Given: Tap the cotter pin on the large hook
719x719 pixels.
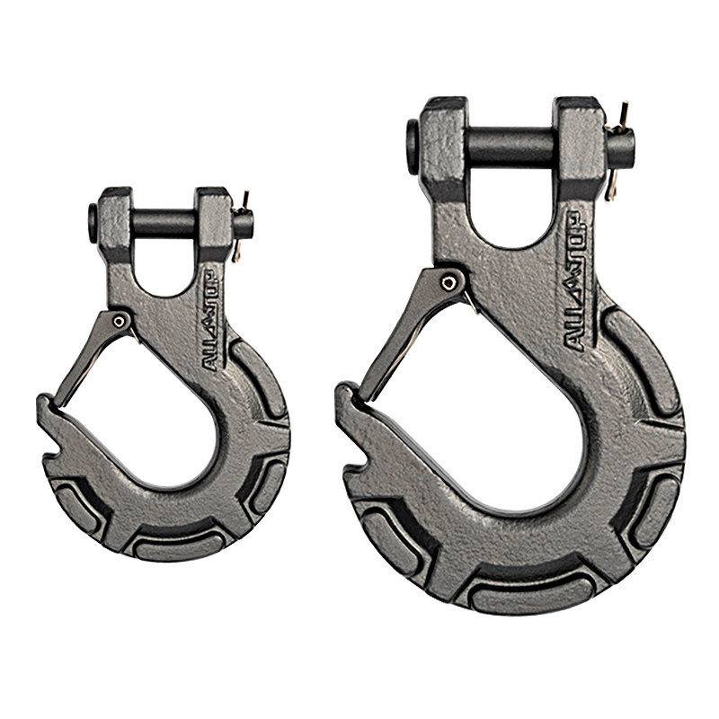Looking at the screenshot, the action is click(x=617, y=151).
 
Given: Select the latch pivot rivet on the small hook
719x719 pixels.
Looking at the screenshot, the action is click(x=120, y=322).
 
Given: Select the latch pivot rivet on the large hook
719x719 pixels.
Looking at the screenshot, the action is click(x=448, y=283).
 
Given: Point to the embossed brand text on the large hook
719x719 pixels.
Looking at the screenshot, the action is click(x=575, y=281).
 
